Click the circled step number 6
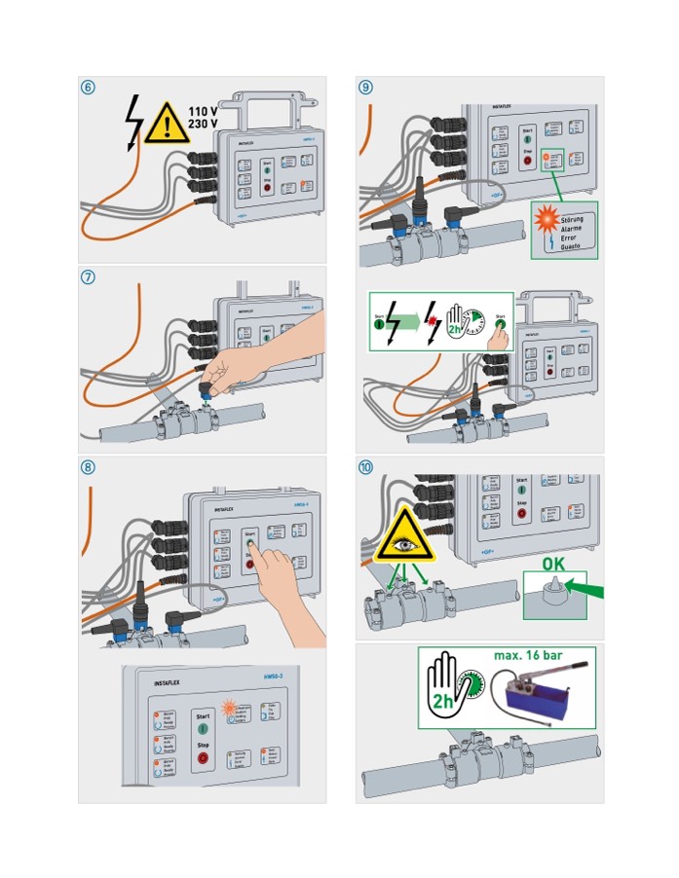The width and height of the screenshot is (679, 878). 89,87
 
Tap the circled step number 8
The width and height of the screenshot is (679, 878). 89,466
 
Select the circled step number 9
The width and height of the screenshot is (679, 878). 365,87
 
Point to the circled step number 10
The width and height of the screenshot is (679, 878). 365,466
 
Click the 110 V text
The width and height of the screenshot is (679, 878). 202,112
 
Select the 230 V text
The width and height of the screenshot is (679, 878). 202,126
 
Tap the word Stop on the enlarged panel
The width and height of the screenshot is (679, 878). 203,742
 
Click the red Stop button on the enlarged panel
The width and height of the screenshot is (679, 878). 203,757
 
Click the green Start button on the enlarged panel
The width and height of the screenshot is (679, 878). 203,726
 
